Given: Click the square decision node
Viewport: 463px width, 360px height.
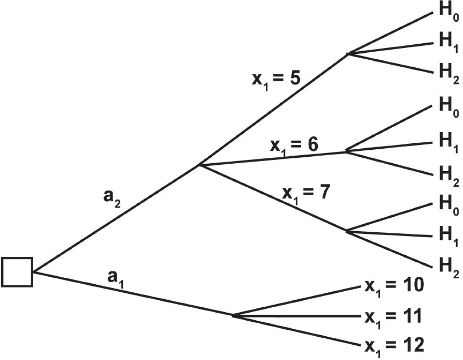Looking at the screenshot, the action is coord(17,272).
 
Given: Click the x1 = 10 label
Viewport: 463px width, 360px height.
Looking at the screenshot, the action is coord(393,287).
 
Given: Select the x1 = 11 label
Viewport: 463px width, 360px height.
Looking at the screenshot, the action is coord(393,317).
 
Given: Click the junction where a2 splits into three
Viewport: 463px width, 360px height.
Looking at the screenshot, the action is coord(200,165).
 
